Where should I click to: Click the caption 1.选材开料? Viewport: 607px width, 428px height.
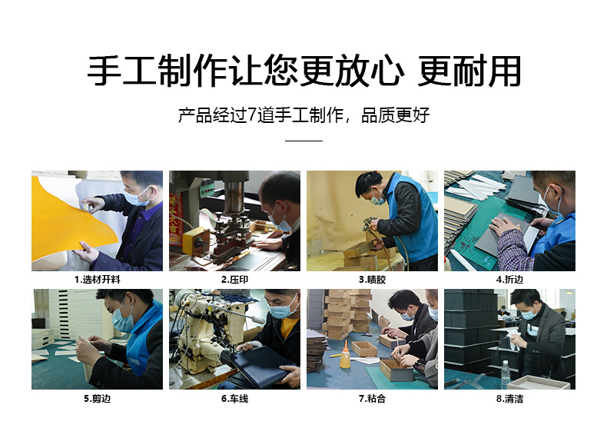click(x=97, y=280)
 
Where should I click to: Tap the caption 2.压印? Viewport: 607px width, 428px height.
click(x=234, y=280)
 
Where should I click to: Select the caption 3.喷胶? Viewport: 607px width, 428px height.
click(x=372, y=280)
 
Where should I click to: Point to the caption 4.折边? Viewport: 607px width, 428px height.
click(x=509, y=280)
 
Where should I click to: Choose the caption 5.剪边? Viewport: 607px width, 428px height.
click(x=97, y=399)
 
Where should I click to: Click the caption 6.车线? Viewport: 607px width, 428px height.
click(x=234, y=399)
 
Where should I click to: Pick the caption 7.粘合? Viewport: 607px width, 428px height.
click(x=372, y=399)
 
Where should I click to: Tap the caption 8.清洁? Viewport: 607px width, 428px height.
click(x=509, y=399)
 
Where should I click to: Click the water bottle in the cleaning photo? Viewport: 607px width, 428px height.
click(x=505, y=375)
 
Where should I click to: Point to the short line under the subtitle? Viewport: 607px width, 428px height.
click(x=303, y=141)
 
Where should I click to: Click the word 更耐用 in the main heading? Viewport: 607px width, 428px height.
click(x=469, y=71)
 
